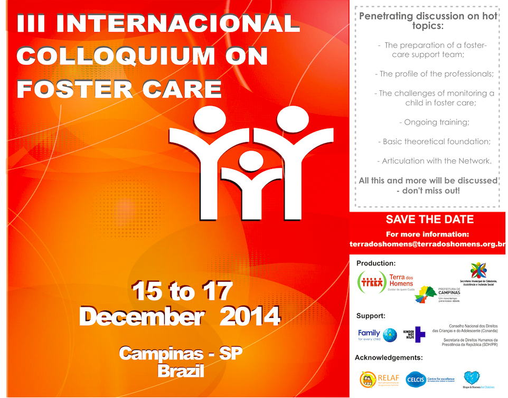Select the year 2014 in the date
point(249,317)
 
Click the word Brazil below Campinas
point(181,371)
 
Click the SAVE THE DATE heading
point(429,220)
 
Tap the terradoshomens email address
point(428,245)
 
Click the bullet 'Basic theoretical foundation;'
point(434,141)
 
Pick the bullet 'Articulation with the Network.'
point(434,161)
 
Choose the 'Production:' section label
point(375,263)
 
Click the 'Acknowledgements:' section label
point(389,357)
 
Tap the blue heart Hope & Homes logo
point(472,378)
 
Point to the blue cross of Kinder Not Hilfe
point(420,334)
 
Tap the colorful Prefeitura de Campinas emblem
point(427,295)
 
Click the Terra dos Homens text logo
point(401,281)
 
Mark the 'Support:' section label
point(370,316)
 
